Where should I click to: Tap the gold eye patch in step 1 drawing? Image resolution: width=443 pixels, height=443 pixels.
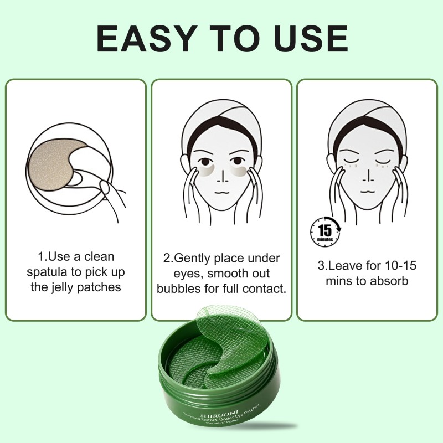tap(58, 161)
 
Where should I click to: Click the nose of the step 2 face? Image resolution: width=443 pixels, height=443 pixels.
tap(221, 174)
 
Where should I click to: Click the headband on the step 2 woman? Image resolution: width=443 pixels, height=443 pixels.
tap(221, 119)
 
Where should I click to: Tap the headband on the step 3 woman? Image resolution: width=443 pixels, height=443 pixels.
tap(367, 119)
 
